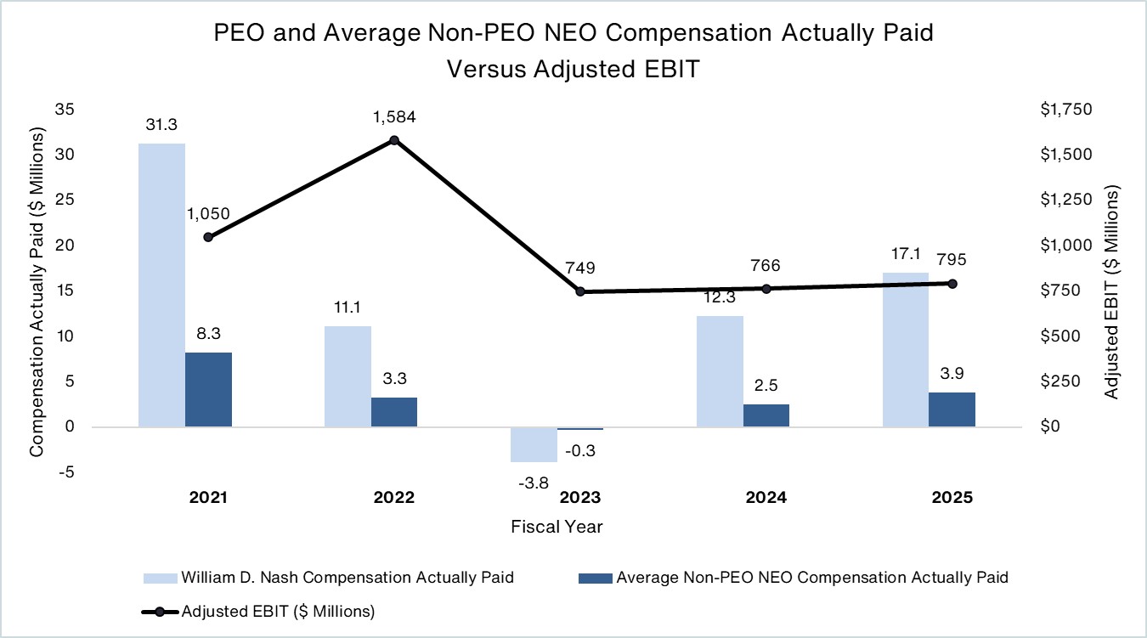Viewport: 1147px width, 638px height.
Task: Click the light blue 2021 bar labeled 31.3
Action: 161,285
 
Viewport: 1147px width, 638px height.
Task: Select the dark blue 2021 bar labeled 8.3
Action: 209,389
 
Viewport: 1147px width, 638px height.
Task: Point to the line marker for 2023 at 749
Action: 580,291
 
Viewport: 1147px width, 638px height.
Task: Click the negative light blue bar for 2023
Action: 534,443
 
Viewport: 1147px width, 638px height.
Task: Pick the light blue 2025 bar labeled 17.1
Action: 906,349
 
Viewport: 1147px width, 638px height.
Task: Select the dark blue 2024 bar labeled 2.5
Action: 766,415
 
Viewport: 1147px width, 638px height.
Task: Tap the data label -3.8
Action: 533,483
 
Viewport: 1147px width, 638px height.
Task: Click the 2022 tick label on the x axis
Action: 394,498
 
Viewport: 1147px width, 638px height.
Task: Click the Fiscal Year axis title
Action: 557,527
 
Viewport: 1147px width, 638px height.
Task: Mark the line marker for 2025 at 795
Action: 952,284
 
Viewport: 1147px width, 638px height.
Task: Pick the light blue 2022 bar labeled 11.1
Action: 347,376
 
